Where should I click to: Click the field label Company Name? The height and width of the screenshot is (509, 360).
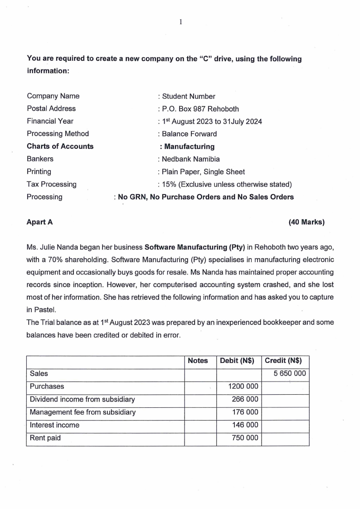pos(53,96)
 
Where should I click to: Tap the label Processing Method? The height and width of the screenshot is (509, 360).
pos(58,133)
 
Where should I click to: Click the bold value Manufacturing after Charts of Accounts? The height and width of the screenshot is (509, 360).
pos(189,147)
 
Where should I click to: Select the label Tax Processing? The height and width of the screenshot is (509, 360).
pos(52,184)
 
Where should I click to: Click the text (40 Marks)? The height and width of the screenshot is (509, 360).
pos(306,222)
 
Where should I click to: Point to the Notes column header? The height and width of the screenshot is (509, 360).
pos(198,361)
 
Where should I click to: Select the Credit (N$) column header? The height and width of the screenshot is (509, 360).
pos(283,361)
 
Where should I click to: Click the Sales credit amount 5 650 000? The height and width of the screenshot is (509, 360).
pos(289,373)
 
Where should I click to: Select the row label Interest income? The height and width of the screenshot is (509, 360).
pos(54,425)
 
